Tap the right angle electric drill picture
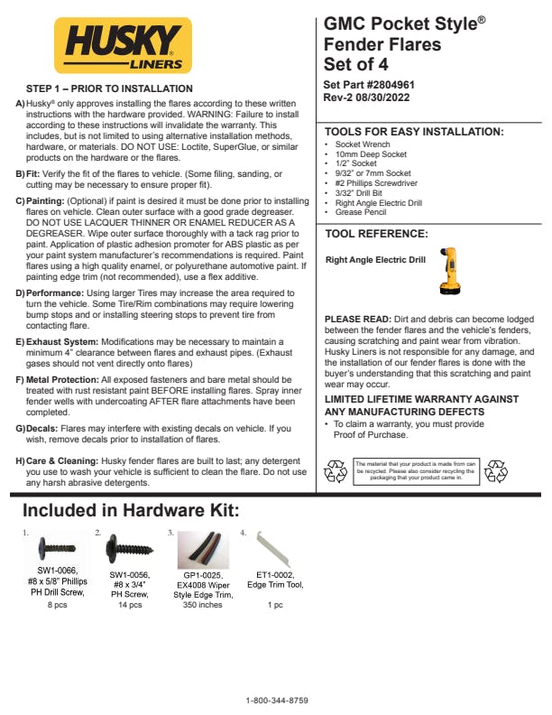[448, 270]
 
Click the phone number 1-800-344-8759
[277, 701]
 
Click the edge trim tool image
[269, 547]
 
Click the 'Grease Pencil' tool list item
[362, 212]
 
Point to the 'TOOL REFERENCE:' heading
[376, 234]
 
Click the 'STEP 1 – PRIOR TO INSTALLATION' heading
[109, 88]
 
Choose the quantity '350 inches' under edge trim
[203, 605]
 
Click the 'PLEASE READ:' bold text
[357, 320]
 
